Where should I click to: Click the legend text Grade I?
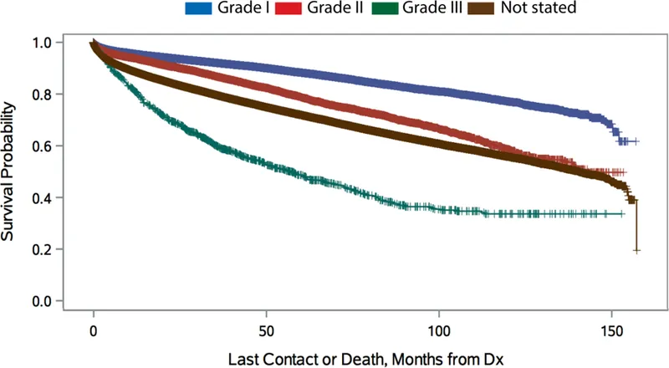(255, 10)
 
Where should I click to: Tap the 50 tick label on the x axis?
(266, 326)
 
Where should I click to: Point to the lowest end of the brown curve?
(637, 250)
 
